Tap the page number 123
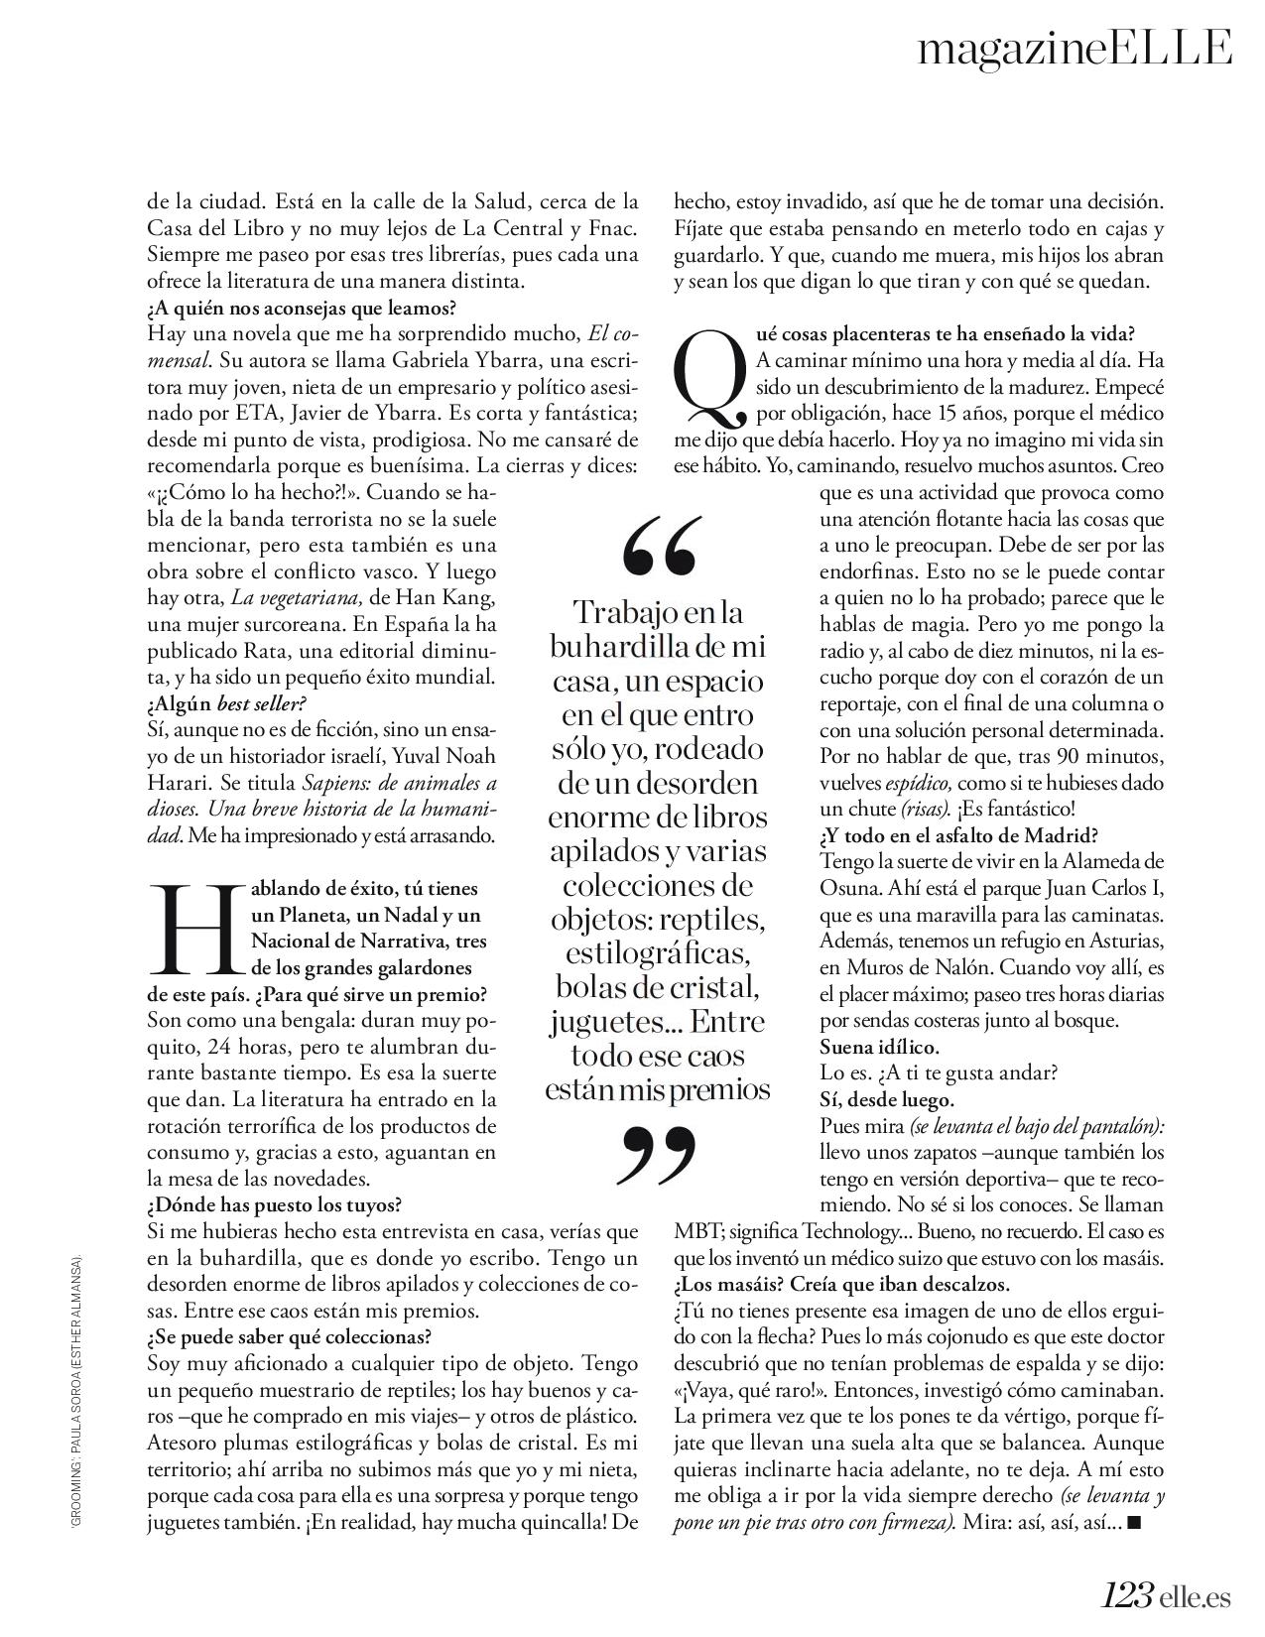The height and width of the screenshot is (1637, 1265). coord(1126,1592)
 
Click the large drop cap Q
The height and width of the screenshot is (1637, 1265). coord(710,379)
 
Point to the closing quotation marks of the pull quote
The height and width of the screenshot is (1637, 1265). coord(658,1155)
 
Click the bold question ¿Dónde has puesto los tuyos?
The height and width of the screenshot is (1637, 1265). coord(274,1205)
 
